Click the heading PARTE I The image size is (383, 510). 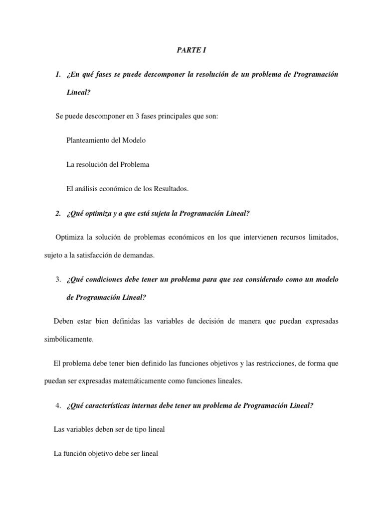[x=191, y=51]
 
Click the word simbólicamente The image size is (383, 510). [x=68, y=340]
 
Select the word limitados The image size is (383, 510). [x=323, y=238]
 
